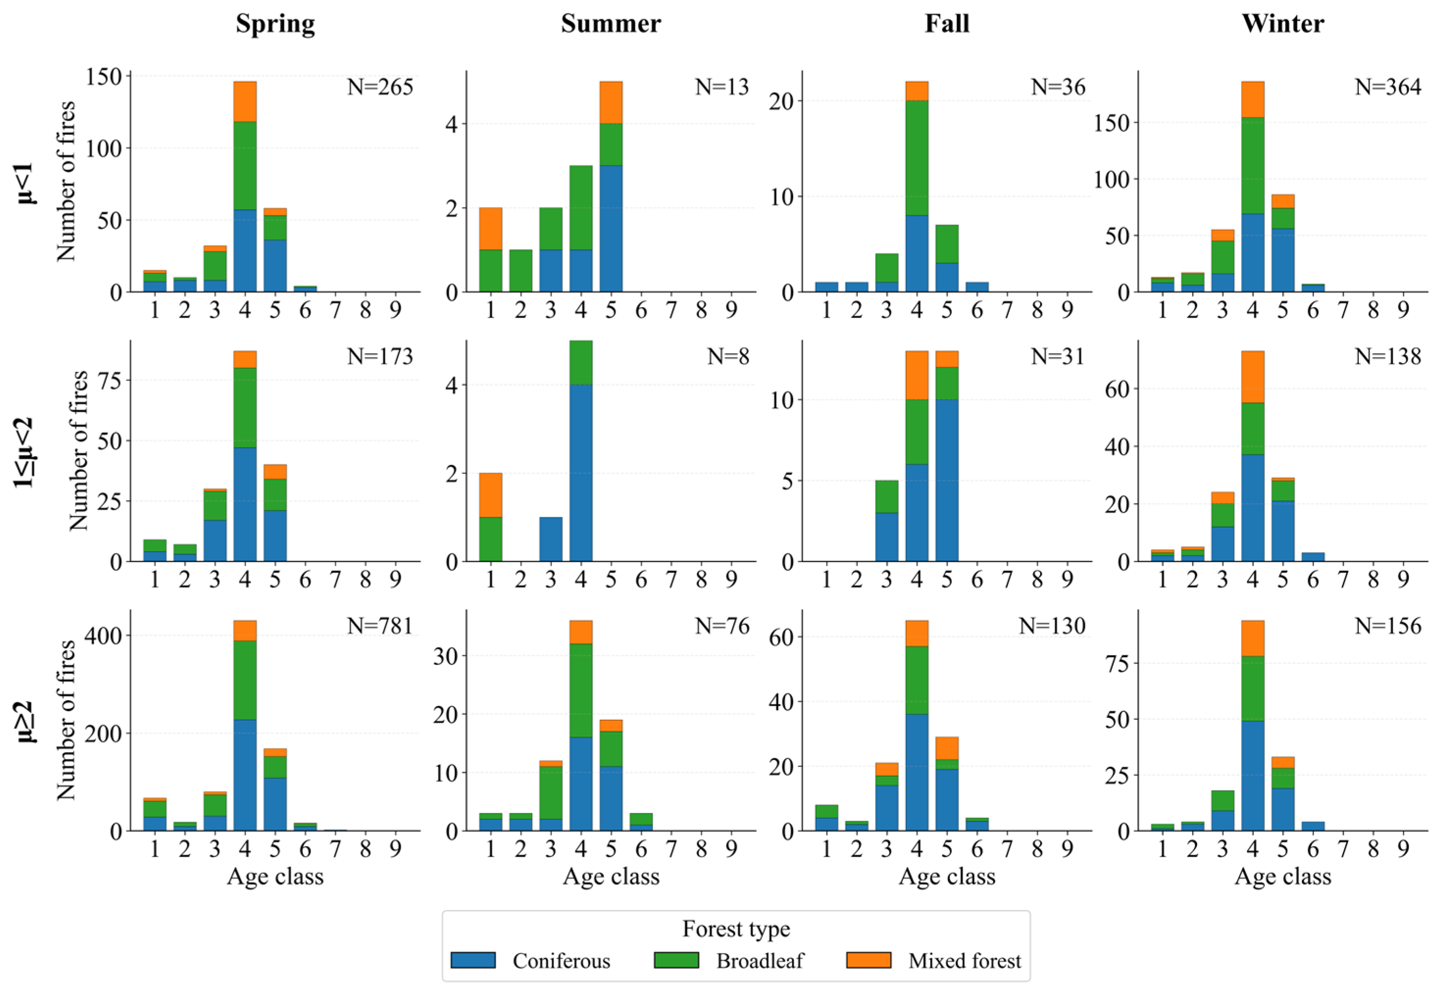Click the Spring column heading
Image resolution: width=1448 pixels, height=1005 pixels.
pyautogui.click(x=275, y=25)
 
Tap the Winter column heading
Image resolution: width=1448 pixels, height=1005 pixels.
pyautogui.click(x=1282, y=24)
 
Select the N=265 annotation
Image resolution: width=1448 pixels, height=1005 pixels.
pyautogui.click(x=380, y=87)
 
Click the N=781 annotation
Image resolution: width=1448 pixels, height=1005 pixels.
pyautogui.click(x=380, y=626)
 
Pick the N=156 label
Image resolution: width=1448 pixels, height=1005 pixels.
pyautogui.click(x=1388, y=626)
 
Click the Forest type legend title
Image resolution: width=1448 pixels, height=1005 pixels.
pyautogui.click(x=736, y=930)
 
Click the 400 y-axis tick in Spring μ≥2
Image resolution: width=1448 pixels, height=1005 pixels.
pyautogui.click(x=104, y=636)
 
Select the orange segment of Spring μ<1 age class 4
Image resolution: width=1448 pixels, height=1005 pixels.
pyautogui.click(x=245, y=101)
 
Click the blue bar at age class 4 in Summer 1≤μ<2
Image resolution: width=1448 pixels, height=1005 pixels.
pyautogui.click(x=581, y=472)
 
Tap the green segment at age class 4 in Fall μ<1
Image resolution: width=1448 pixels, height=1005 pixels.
pyautogui.click(x=917, y=158)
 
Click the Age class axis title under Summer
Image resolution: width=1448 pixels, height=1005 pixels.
pyautogui.click(x=611, y=877)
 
